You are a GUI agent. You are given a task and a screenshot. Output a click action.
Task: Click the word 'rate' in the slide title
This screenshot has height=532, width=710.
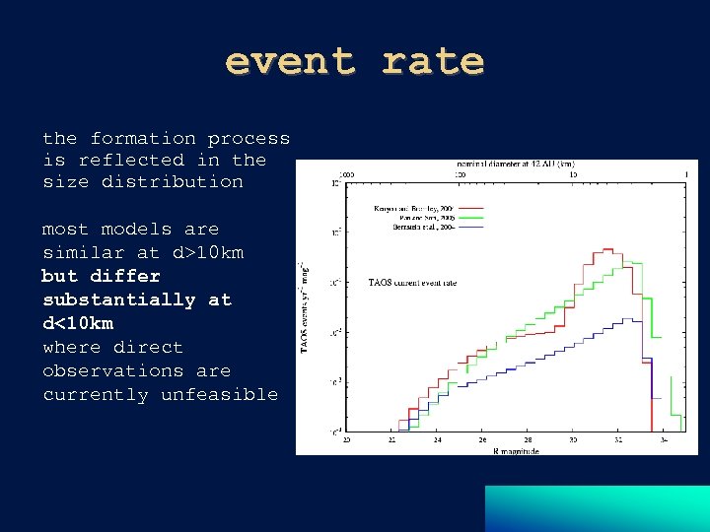coord(433,61)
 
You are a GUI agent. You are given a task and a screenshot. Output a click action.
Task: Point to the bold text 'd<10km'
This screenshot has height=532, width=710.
coord(78,323)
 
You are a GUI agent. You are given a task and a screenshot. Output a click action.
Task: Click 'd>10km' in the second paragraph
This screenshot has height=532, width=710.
coord(208,252)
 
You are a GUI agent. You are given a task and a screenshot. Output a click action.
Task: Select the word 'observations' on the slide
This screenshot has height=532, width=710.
coord(113,370)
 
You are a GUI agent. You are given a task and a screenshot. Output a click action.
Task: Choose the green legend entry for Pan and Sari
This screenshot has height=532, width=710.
coord(413,219)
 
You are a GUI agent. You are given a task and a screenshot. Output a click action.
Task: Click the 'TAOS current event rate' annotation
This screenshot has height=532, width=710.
coord(412,283)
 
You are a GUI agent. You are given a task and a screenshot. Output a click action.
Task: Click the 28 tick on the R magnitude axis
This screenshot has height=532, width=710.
coord(528,440)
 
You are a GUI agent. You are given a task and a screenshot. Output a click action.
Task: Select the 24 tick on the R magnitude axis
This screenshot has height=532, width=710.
coord(437,440)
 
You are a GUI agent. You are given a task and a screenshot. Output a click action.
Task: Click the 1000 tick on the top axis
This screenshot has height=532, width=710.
coord(347,174)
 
